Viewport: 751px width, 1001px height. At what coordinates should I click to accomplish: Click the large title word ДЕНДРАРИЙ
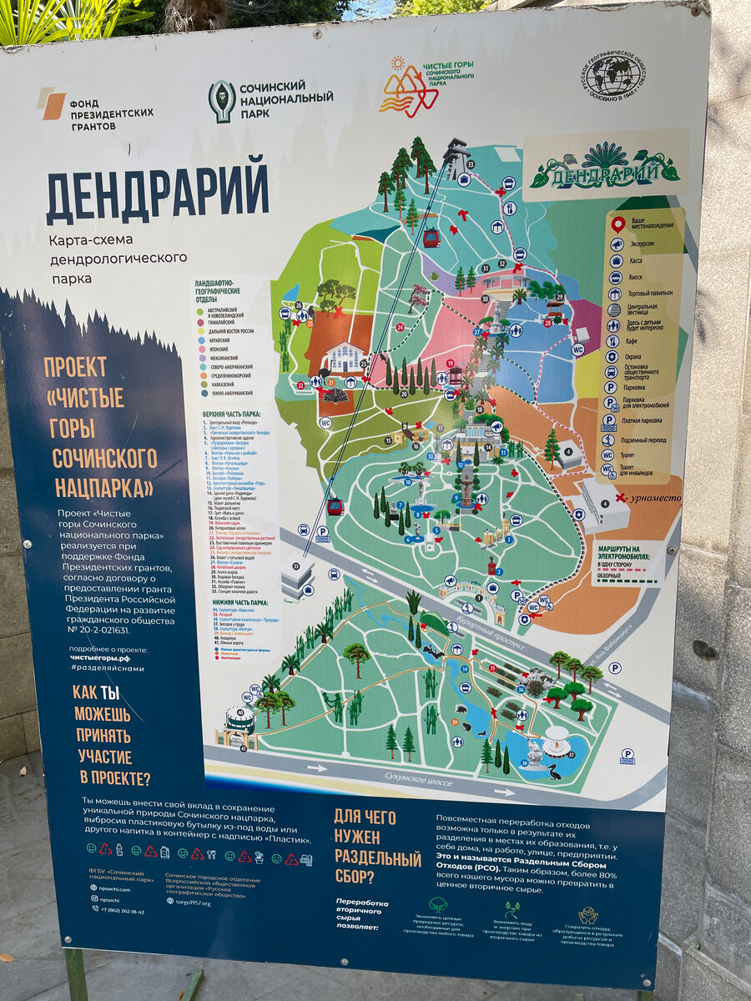click(x=157, y=192)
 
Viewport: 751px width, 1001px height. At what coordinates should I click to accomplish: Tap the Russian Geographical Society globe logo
click(x=612, y=75)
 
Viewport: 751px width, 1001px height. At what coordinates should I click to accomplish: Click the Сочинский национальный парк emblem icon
click(x=221, y=102)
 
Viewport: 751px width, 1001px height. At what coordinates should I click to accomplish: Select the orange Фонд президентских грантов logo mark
click(x=52, y=103)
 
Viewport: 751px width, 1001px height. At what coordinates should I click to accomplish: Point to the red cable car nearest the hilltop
click(x=431, y=238)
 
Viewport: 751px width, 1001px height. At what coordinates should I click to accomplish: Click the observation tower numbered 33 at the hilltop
click(x=458, y=158)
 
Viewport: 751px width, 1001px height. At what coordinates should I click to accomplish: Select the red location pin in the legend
click(x=618, y=224)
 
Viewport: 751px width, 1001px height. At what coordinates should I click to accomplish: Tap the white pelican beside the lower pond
click(x=532, y=769)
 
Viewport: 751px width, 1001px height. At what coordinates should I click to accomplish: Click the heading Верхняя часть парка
click(x=231, y=414)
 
